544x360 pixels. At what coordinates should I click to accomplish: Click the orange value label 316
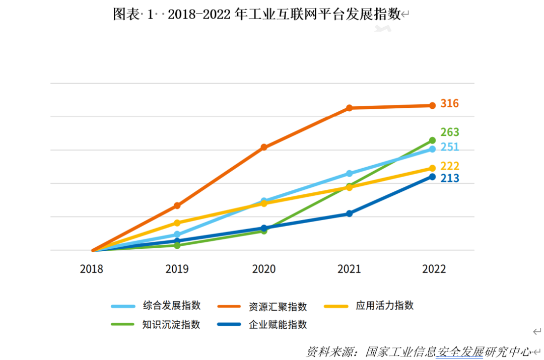point(449,104)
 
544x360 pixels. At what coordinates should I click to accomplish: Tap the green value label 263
point(449,132)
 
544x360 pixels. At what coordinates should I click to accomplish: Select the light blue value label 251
point(449,147)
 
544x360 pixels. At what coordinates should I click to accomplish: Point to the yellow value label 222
point(449,166)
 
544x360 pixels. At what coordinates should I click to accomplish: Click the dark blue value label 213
point(449,178)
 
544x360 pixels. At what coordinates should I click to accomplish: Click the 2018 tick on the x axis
point(92,269)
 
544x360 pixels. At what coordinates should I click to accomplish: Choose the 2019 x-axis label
point(177,269)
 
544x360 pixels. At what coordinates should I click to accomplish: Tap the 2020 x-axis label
point(264,269)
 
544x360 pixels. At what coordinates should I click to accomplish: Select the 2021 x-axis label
point(349,269)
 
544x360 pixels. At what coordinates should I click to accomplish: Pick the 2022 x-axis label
point(434,269)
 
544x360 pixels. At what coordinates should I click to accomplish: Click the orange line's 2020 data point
point(264,147)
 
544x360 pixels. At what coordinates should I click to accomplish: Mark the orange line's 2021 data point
point(349,108)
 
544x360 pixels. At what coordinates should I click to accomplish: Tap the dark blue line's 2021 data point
point(349,213)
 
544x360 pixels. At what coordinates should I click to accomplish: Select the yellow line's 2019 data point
point(177,223)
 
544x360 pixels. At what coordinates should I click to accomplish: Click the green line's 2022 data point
point(432,140)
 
